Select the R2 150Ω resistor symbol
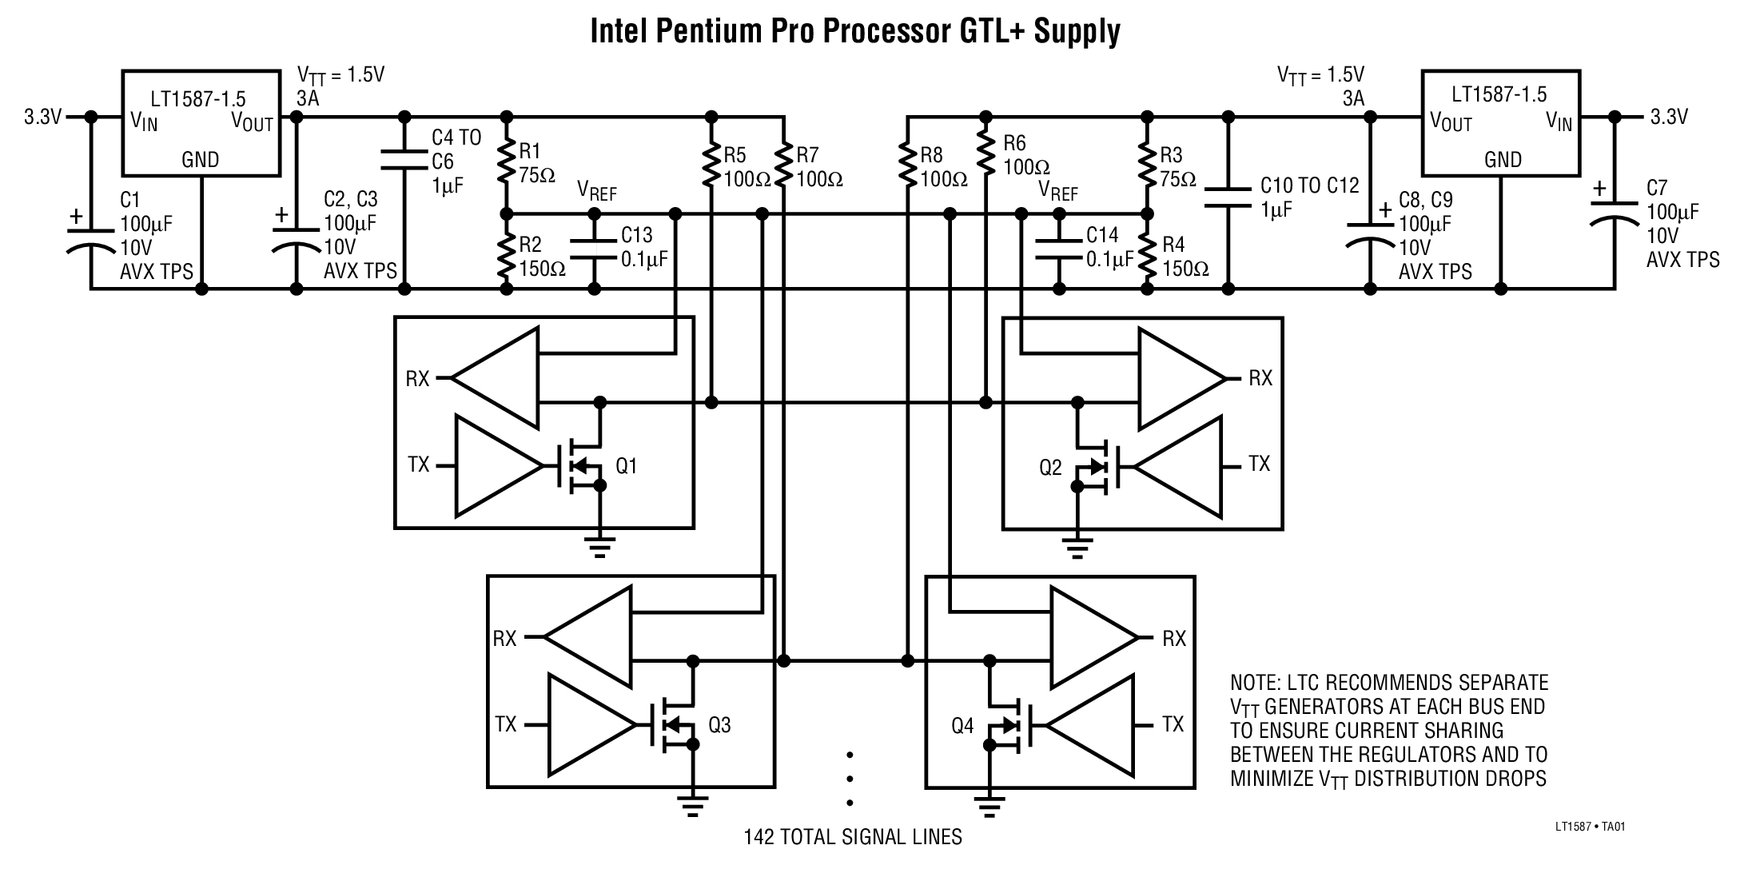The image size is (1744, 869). [505, 253]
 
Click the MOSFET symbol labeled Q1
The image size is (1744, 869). [582, 464]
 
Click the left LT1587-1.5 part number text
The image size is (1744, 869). [198, 98]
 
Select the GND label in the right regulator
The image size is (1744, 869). [1503, 159]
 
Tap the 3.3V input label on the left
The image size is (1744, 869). [42, 118]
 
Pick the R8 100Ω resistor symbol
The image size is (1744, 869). [907, 166]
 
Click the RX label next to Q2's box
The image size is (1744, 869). [1260, 377]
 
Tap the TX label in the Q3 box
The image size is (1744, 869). [505, 724]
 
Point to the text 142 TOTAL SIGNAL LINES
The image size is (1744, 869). [852, 837]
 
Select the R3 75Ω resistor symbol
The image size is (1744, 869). [1147, 166]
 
